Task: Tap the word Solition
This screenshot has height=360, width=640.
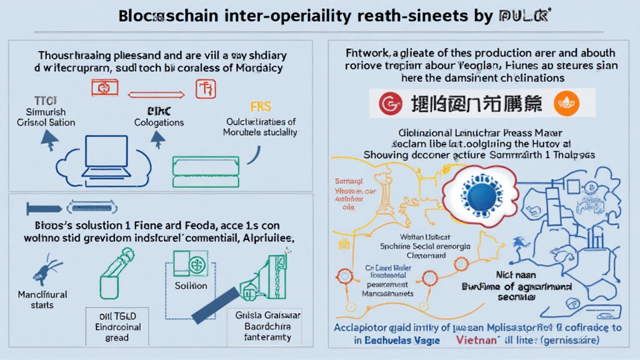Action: pyautogui.click(x=191, y=286)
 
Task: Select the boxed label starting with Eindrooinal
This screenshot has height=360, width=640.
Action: pyautogui.click(x=117, y=327)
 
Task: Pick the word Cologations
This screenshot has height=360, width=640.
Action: pyautogui.click(x=159, y=122)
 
